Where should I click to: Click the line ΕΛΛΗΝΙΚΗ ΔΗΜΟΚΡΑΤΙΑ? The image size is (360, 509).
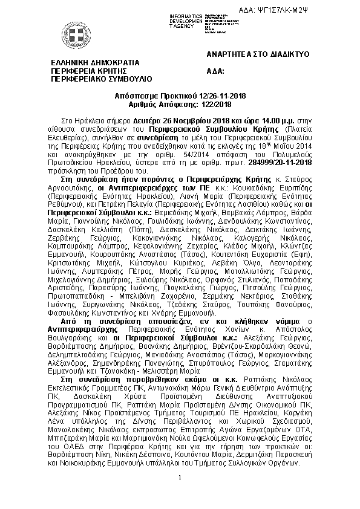(x=95, y=62)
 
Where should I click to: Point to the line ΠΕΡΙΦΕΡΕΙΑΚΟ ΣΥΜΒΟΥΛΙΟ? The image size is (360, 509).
(x=101, y=79)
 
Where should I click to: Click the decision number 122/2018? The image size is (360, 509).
(x=201, y=105)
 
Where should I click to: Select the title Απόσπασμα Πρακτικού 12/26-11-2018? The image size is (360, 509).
(x=180, y=96)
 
